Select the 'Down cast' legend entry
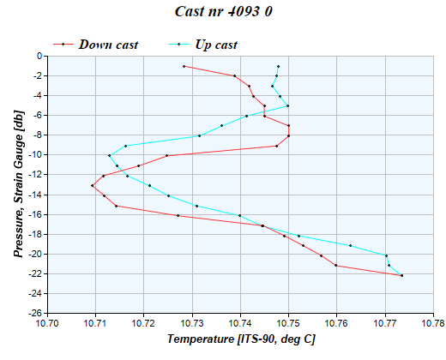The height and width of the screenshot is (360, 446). click(108, 45)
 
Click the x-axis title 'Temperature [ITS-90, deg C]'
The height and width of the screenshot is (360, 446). click(241, 340)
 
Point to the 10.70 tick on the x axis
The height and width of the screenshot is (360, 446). click(47, 323)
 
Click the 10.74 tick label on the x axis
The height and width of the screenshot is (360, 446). click(240, 323)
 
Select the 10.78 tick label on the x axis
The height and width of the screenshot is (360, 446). click(434, 323)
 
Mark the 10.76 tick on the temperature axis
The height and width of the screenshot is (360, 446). click(337, 323)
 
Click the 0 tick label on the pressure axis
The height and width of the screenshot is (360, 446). click(39, 56)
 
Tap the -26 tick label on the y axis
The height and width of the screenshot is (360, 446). click(33, 314)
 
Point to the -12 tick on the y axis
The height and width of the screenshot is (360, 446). click(33, 175)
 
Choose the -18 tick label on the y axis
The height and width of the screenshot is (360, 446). click(33, 234)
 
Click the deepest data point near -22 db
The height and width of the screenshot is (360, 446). click(401, 275)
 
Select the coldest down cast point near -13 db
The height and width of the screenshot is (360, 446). click(92, 185)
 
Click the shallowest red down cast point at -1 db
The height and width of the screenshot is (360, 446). click(184, 66)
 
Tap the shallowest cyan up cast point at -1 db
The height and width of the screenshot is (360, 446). click(278, 66)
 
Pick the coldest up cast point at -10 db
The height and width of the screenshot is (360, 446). click(109, 155)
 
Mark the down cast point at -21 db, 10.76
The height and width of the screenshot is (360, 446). click(336, 266)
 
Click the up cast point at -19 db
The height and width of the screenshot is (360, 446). click(350, 245)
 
